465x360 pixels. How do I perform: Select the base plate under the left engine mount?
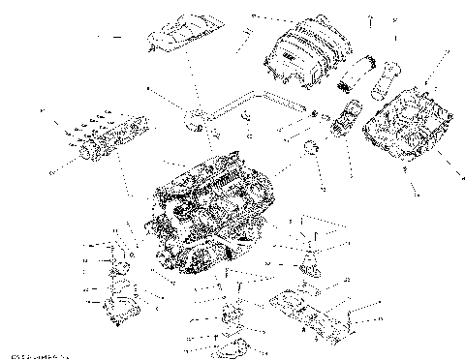pos(121,310)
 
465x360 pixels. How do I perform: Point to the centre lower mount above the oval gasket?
pos(230,315)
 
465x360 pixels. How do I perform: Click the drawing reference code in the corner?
pos(35,354)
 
